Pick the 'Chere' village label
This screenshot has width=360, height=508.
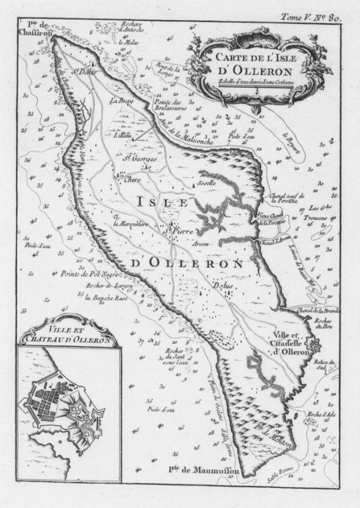pos(131,179)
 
